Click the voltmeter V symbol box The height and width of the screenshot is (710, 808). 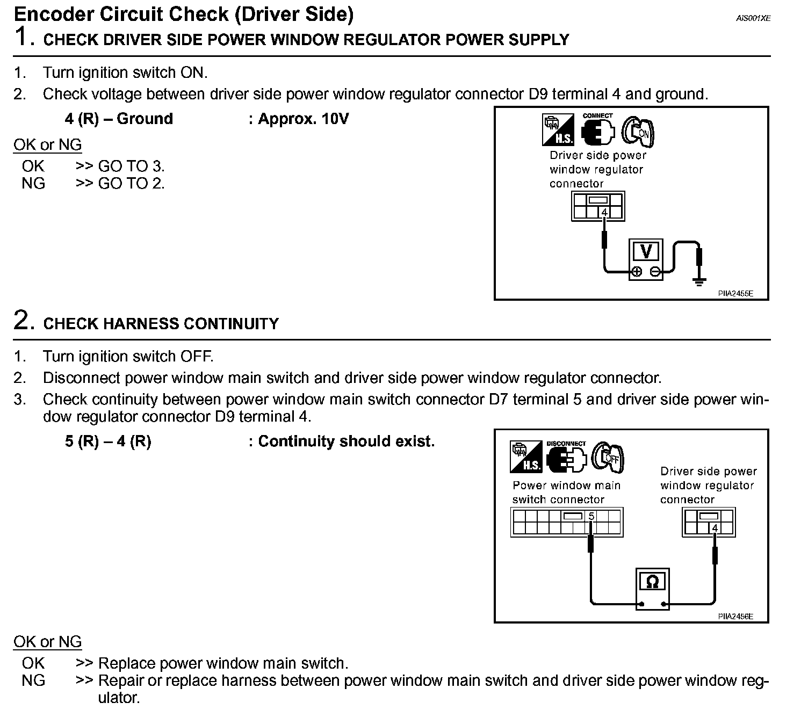pyautogui.click(x=646, y=251)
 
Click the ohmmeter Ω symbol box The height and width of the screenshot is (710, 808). pyautogui.click(x=652, y=582)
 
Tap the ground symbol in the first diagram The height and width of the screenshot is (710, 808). pyautogui.click(x=699, y=282)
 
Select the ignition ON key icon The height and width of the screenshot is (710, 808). pyautogui.click(x=638, y=132)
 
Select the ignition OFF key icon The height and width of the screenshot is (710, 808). pyautogui.click(x=608, y=458)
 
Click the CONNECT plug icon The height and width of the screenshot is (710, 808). pyautogui.click(x=598, y=131)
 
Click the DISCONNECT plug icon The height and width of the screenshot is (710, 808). pyautogui.click(x=566, y=457)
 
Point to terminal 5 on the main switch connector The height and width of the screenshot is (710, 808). pyautogui.click(x=591, y=516)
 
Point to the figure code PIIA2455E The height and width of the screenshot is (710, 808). pyautogui.click(x=735, y=293)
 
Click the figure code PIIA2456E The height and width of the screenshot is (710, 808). pyautogui.click(x=735, y=617)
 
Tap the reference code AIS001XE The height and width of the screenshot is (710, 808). pyautogui.click(x=753, y=18)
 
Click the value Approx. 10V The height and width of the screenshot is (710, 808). pyautogui.click(x=304, y=119)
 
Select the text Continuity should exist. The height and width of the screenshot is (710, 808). pyautogui.click(x=346, y=441)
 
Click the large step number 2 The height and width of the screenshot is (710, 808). pyautogui.click(x=21, y=320)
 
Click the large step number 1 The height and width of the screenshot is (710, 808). pyautogui.click(x=21, y=37)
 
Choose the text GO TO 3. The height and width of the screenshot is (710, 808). pyautogui.click(x=131, y=166)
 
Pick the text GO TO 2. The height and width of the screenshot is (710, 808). pyautogui.click(x=131, y=183)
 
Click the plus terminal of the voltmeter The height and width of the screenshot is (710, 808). pyautogui.click(x=637, y=272)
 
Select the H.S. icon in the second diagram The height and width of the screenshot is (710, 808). pyautogui.click(x=526, y=457)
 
